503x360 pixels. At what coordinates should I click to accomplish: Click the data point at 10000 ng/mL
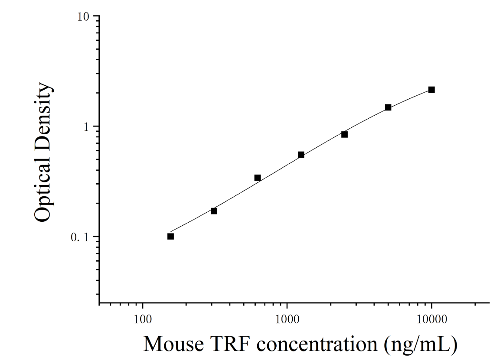click(x=431, y=90)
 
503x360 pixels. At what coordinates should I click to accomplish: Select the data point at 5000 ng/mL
click(x=388, y=107)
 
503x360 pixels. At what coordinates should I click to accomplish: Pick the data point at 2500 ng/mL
click(x=345, y=134)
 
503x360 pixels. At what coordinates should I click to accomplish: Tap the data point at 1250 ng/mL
click(x=301, y=155)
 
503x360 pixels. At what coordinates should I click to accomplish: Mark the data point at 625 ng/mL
click(x=258, y=178)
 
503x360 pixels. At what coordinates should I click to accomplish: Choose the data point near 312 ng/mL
click(x=214, y=211)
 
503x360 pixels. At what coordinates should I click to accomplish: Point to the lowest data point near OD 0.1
click(x=171, y=236)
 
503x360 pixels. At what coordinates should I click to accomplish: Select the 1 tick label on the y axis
click(x=86, y=127)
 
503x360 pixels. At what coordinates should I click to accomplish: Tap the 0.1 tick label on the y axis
click(x=80, y=237)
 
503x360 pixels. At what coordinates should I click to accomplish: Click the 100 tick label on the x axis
click(x=142, y=319)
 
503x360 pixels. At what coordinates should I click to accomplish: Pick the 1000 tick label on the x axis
click(x=287, y=319)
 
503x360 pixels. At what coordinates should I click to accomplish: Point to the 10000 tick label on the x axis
click(x=432, y=319)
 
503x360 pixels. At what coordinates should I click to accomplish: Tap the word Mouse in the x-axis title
click(x=174, y=344)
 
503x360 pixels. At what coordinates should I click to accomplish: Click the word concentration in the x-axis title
click(x=317, y=344)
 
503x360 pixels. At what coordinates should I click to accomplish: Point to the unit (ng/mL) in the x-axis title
click(x=421, y=345)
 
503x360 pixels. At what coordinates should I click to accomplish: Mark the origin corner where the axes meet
click(x=99, y=303)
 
